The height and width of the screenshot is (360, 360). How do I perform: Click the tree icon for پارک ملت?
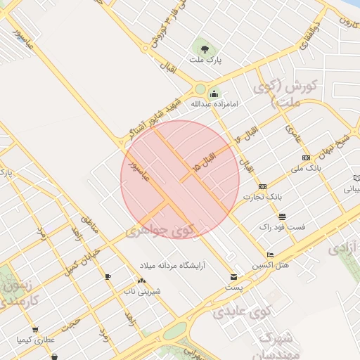point(205,49)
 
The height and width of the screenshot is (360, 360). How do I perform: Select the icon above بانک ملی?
point(305,158)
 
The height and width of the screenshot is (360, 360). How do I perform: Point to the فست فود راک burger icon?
point(282,217)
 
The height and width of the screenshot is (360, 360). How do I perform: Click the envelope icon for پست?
point(233,277)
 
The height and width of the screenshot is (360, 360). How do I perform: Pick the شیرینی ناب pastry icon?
point(142,281)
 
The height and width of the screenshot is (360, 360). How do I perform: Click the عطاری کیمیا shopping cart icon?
point(34,330)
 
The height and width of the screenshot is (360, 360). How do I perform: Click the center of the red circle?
point(180,179)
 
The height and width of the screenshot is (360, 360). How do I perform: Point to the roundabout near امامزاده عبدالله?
point(200,89)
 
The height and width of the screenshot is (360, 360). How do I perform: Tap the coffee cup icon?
point(108,276)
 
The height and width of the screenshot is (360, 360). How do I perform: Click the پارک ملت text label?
point(205,60)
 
